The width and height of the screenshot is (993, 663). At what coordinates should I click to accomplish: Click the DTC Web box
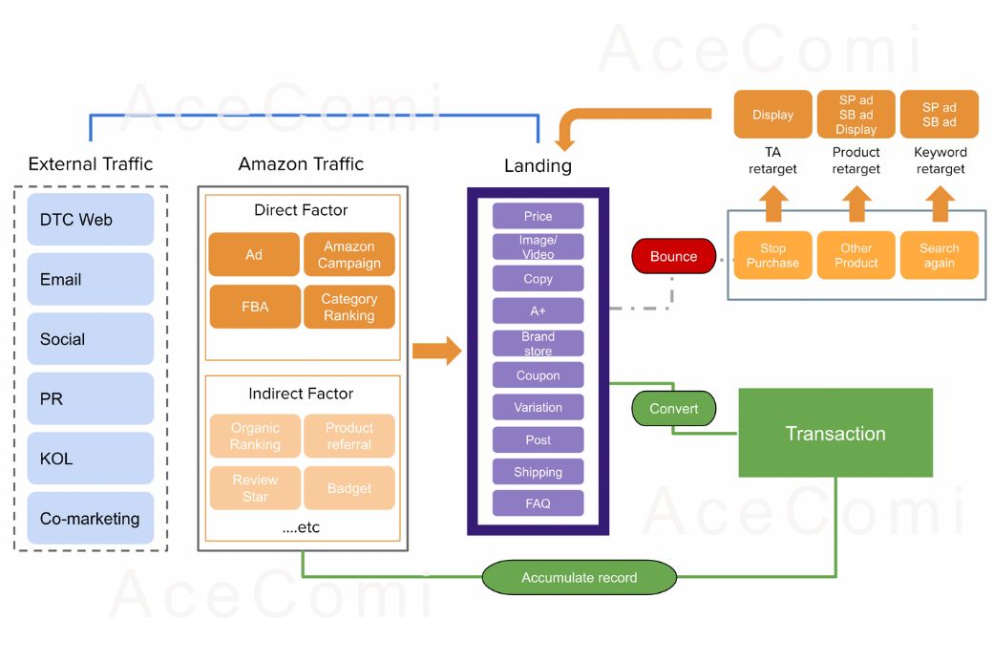(x=91, y=220)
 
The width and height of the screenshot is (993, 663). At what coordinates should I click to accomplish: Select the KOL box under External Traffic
(x=91, y=459)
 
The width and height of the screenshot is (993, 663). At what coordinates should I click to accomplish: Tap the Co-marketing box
(x=91, y=519)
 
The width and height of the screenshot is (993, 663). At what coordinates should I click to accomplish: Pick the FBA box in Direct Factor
(x=254, y=307)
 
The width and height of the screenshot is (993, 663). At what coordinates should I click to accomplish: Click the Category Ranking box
(x=349, y=307)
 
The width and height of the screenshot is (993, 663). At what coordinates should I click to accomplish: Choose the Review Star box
(x=255, y=488)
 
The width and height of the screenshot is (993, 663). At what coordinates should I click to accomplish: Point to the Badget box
(x=349, y=488)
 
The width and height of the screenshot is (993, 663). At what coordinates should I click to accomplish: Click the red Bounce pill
(x=673, y=256)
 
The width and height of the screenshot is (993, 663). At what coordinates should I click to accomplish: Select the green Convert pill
(x=673, y=408)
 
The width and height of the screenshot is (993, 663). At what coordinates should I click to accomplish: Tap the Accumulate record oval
(x=579, y=577)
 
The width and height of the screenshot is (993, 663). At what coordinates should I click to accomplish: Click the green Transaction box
(x=835, y=433)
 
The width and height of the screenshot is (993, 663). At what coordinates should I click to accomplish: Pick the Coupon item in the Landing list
(x=538, y=375)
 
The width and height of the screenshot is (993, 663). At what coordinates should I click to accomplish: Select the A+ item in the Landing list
(x=538, y=310)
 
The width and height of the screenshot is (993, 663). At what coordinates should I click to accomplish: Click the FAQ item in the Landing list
(x=538, y=503)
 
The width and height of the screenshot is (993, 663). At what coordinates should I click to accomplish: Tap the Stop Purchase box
(x=772, y=255)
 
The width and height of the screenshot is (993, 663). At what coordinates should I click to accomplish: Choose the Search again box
(x=939, y=255)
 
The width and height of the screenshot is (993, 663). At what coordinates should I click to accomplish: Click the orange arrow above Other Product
(x=856, y=203)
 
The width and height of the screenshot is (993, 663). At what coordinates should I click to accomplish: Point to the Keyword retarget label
(x=940, y=160)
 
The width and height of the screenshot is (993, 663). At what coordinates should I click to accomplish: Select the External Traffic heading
(x=91, y=163)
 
